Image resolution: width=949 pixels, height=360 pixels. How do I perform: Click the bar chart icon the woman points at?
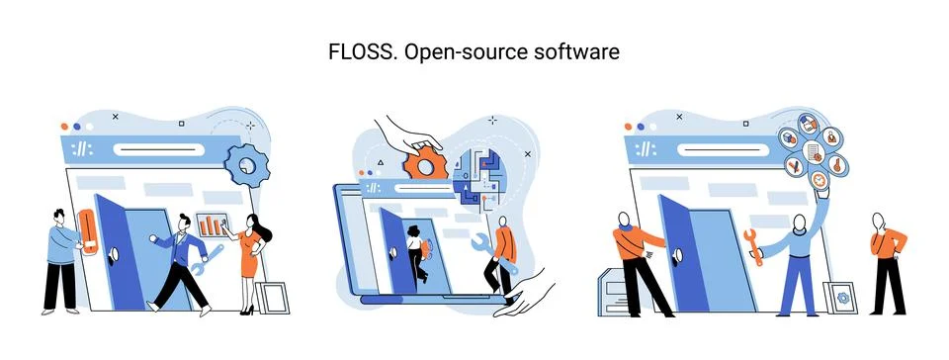click(212, 224)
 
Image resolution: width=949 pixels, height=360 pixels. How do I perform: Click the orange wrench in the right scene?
click(753, 246)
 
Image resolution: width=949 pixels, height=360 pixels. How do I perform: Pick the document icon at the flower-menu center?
click(813, 151)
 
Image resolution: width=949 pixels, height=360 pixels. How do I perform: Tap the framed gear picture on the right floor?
click(842, 296)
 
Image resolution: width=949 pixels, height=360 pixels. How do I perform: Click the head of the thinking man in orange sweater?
click(877, 220)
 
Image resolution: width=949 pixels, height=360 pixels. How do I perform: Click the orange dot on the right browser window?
click(630, 127)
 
